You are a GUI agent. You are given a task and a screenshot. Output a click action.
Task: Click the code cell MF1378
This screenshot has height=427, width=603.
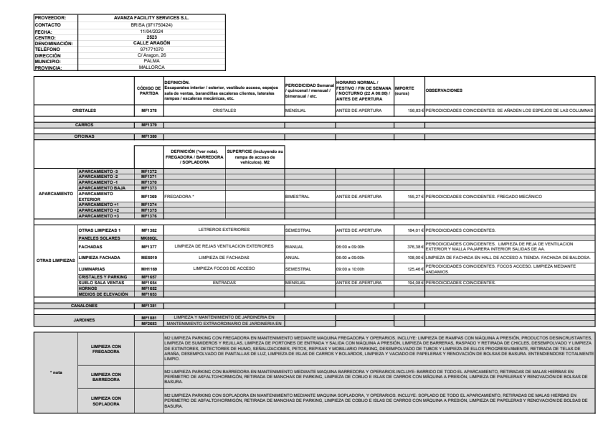click(149, 112)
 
